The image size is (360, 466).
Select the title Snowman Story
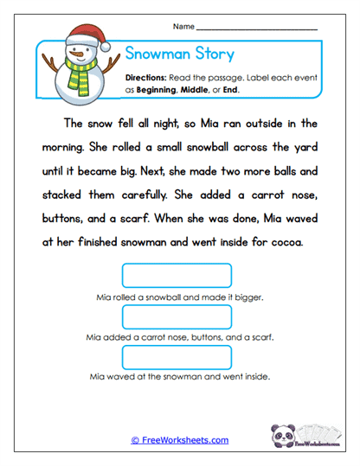(x=180, y=54)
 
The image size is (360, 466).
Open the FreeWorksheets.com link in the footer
(x=180, y=440)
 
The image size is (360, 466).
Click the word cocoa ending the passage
(x=284, y=243)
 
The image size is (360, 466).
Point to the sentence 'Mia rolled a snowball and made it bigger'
(x=180, y=297)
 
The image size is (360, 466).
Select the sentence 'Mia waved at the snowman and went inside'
(x=180, y=377)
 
